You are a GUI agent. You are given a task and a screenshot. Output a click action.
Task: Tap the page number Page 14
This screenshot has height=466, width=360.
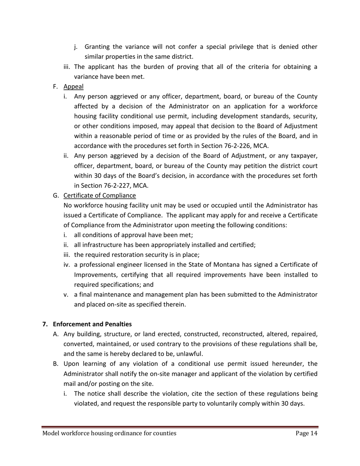coord(306,433)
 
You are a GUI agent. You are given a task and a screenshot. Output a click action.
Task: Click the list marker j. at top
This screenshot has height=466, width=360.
coord(76,47)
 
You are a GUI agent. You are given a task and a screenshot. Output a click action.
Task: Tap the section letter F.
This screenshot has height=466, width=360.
coord(55,87)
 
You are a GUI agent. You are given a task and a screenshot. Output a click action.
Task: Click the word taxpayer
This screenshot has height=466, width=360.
coord(303,156)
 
